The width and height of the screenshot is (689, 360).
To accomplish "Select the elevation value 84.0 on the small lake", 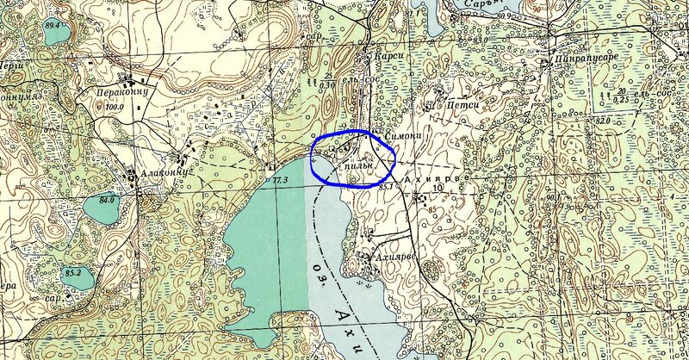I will coord(107,201).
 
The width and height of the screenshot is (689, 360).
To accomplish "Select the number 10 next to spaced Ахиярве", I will coord(438,186).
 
